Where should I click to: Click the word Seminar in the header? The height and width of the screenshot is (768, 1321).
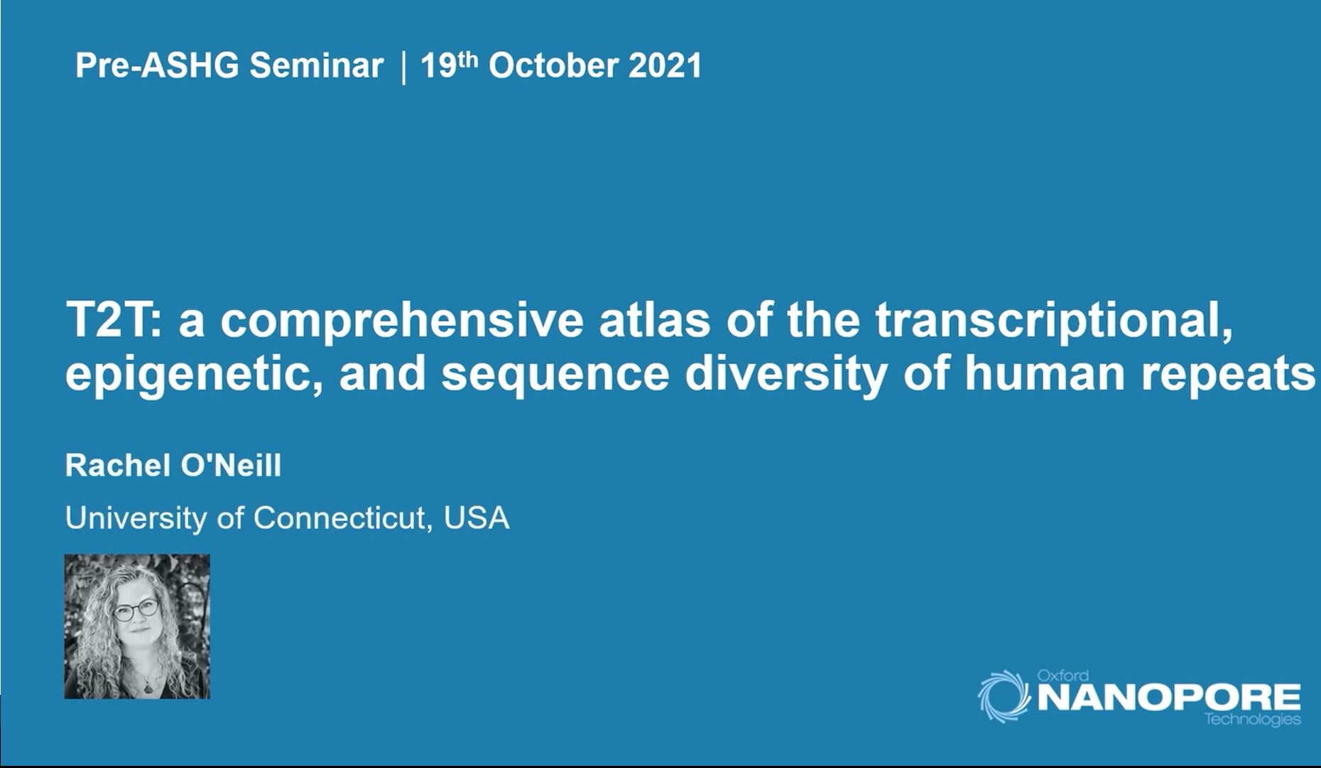click(316, 66)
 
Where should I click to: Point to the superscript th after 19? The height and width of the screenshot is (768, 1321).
click(467, 58)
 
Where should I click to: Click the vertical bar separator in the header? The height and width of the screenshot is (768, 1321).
click(404, 67)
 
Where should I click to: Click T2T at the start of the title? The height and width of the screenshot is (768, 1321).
click(113, 320)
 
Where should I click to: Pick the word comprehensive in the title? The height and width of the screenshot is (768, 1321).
click(401, 322)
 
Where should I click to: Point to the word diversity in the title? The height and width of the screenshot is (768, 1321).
click(785, 374)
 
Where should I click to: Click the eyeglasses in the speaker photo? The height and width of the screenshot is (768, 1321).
click(136, 610)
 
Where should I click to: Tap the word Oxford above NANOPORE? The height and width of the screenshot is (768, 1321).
click(1062, 675)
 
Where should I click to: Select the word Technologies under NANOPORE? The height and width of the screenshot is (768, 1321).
click(1252, 720)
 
